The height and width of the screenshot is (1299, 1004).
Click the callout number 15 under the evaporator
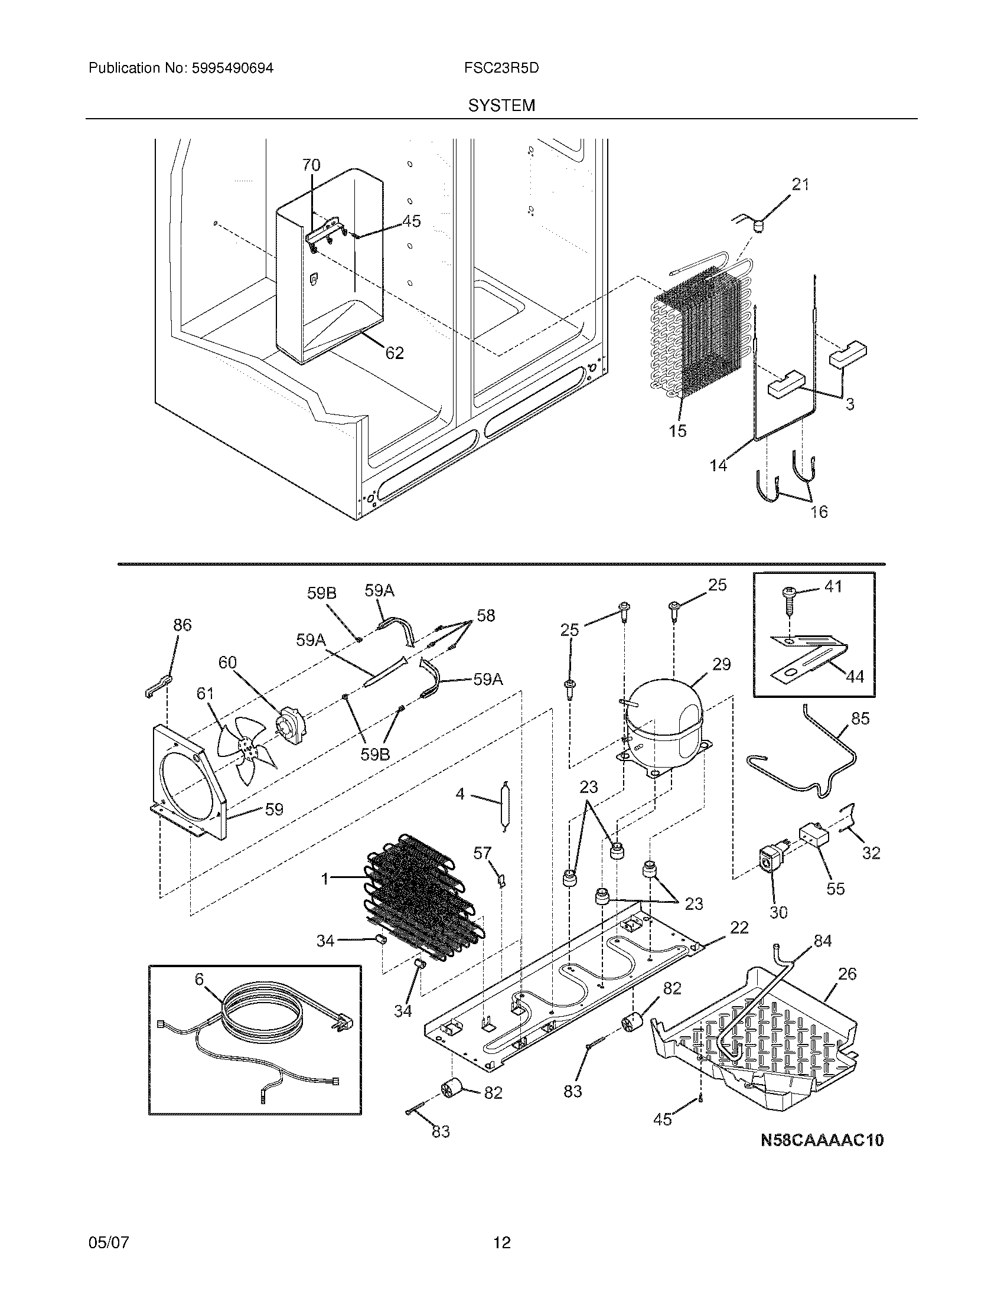click(x=677, y=430)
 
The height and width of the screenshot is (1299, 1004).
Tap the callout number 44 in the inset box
click(x=854, y=675)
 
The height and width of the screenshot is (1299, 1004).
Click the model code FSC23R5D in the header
click(x=501, y=68)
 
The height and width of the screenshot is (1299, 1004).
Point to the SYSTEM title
click(x=501, y=106)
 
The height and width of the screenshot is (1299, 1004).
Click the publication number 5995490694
click(x=232, y=68)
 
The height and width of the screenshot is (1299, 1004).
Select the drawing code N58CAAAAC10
click(x=822, y=1140)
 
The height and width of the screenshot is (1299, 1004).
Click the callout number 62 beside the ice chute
click(x=395, y=353)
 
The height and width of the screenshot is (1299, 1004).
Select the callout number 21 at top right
click(x=800, y=185)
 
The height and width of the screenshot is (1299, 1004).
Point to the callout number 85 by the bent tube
click(x=860, y=718)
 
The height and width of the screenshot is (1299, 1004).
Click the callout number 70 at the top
click(x=311, y=165)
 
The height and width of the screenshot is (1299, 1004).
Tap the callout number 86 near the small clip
click(x=182, y=624)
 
